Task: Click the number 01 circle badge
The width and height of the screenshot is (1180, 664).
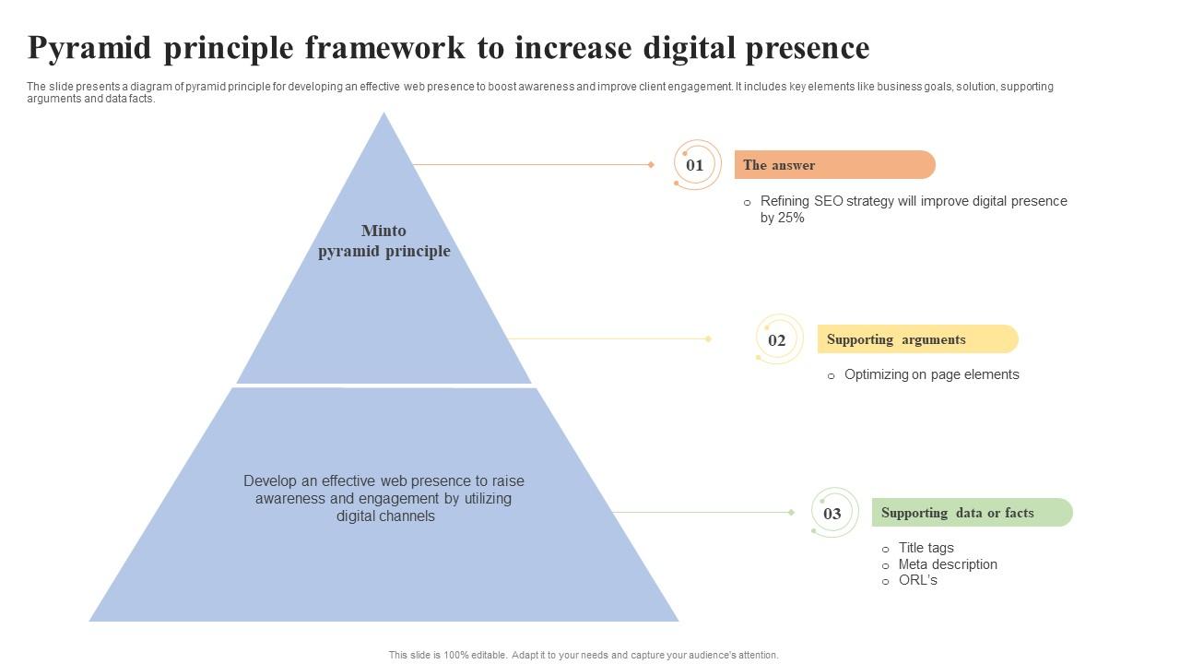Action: pyautogui.click(x=695, y=165)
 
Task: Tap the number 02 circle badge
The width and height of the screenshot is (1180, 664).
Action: pyautogui.click(x=777, y=340)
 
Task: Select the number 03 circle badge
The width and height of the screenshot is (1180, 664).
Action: pyautogui.click(x=832, y=514)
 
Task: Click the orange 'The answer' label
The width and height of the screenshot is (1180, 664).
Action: pyautogui.click(x=834, y=165)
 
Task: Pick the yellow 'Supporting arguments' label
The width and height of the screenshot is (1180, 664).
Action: pyautogui.click(x=917, y=339)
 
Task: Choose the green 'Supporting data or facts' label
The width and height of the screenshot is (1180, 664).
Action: pyautogui.click(x=972, y=513)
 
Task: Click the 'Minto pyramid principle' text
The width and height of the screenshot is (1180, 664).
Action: pyautogui.click(x=384, y=241)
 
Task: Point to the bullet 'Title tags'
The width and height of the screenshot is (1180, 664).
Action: pyautogui.click(x=926, y=548)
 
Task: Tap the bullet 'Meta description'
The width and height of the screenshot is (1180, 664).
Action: pyautogui.click(x=948, y=564)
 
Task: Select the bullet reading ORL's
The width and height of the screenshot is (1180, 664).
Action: pyautogui.click(x=917, y=580)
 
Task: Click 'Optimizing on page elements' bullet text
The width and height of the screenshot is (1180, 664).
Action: pyautogui.click(x=931, y=374)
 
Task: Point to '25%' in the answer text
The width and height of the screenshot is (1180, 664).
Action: pyautogui.click(x=790, y=218)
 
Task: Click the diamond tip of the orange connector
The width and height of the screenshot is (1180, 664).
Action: pyautogui.click(x=651, y=165)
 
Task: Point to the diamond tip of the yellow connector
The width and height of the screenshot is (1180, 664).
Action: pyautogui.click(x=708, y=339)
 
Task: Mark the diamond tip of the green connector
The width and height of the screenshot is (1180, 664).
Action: pyautogui.click(x=791, y=512)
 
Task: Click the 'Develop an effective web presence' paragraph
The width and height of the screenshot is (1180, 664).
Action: pyautogui.click(x=383, y=498)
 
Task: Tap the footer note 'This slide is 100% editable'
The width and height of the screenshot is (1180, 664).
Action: pyautogui.click(x=584, y=655)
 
